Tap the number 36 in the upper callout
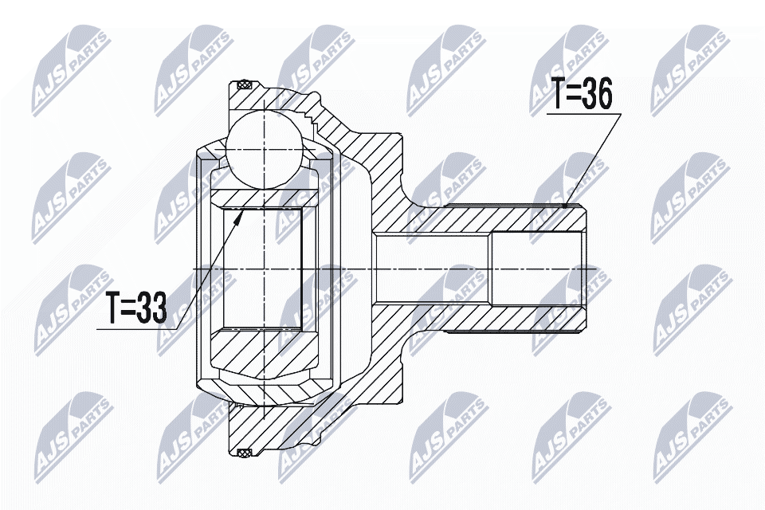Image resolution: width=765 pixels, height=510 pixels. point(595,96)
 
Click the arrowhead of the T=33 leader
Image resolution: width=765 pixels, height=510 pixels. point(238,213)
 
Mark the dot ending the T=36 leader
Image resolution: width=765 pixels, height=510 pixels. point(565,205)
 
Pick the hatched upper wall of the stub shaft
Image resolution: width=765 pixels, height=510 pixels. point(494,218)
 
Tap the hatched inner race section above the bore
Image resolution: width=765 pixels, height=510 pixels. point(263,198)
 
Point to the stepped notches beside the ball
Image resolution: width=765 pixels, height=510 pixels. point(308,121)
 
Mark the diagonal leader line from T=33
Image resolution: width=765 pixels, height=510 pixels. point(207,271)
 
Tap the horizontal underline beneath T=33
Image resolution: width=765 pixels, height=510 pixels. point(135,328)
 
